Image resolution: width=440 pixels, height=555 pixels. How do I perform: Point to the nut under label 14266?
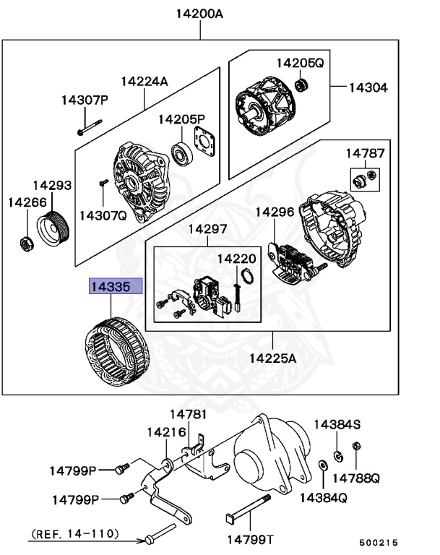point(25,244)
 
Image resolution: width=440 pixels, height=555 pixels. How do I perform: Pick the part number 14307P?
point(84,100)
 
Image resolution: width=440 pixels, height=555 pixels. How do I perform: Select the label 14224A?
point(144,81)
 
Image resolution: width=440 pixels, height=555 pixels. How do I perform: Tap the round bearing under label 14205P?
point(181,154)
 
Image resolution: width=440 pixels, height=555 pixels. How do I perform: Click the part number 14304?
point(368,87)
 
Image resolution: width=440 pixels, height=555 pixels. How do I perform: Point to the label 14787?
point(365,153)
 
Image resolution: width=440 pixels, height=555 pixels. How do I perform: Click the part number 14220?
point(237,258)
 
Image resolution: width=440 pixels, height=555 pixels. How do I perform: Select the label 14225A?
point(273,358)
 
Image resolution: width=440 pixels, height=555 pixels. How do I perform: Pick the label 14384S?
point(337,424)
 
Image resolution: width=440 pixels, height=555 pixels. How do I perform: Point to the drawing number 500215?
point(379,541)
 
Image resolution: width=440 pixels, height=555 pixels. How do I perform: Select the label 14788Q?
point(355,478)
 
